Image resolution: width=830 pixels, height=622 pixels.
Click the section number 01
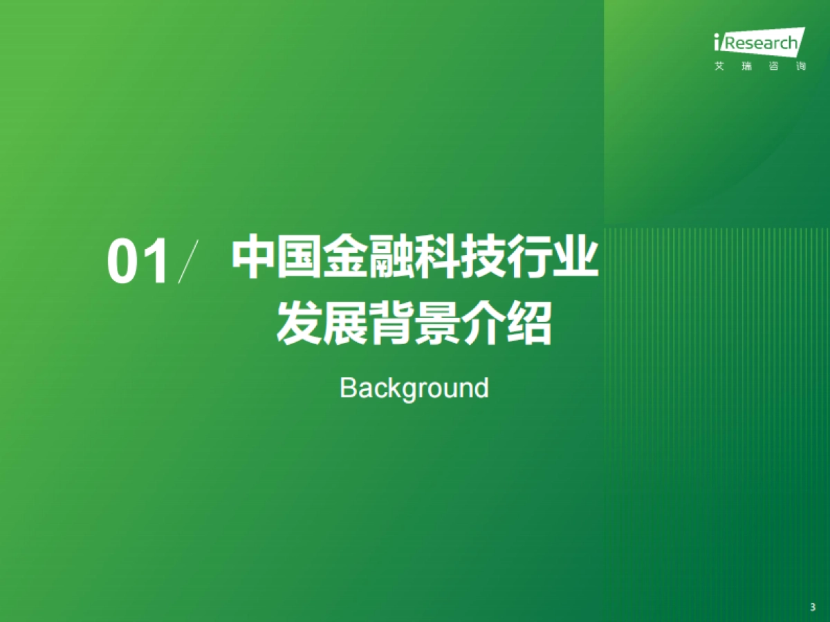138,263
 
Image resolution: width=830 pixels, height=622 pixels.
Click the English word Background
414,388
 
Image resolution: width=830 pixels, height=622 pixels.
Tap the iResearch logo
759,43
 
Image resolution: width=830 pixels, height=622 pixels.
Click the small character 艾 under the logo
719,67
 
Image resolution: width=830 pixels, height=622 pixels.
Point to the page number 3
812,607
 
